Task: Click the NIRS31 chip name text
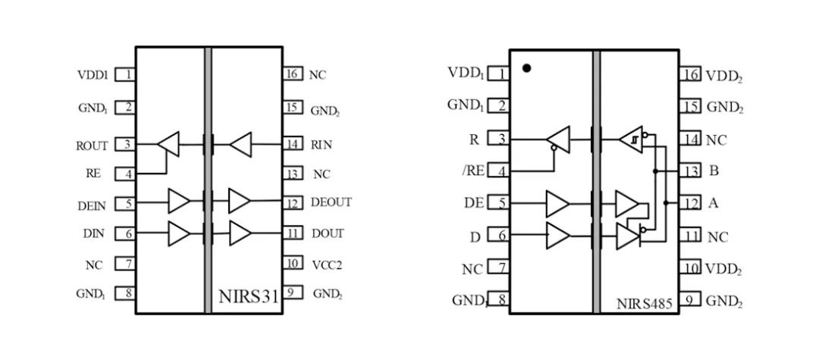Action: click(249, 296)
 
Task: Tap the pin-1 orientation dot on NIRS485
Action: click(527, 68)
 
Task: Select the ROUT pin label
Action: click(92, 146)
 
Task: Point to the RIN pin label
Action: click(321, 144)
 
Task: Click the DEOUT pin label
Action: click(331, 203)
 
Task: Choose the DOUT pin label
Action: click(328, 233)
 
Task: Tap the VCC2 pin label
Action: click(328, 264)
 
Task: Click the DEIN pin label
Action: click(92, 205)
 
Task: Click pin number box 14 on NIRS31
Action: click(291, 142)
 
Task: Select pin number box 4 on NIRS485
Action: click(499, 171)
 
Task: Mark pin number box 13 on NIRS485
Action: click(689, 171)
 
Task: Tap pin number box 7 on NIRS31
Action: click(126, 264)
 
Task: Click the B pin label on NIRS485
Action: click(714, 171)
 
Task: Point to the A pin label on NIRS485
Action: click(714, 203)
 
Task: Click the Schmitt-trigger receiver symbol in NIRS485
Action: click(630, 139)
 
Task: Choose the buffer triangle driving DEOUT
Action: click(240, 201)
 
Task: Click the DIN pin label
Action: click(93, 234)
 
